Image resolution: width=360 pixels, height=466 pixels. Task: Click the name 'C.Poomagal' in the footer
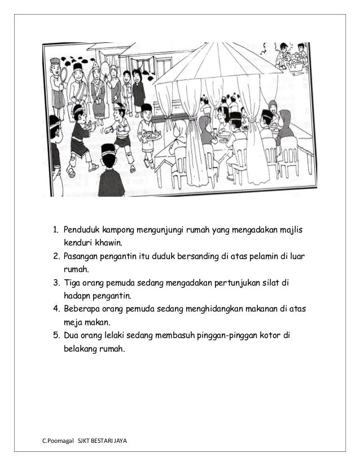[x=58, y=440]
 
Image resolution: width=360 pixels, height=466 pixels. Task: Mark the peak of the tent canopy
[x=216, y=46]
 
